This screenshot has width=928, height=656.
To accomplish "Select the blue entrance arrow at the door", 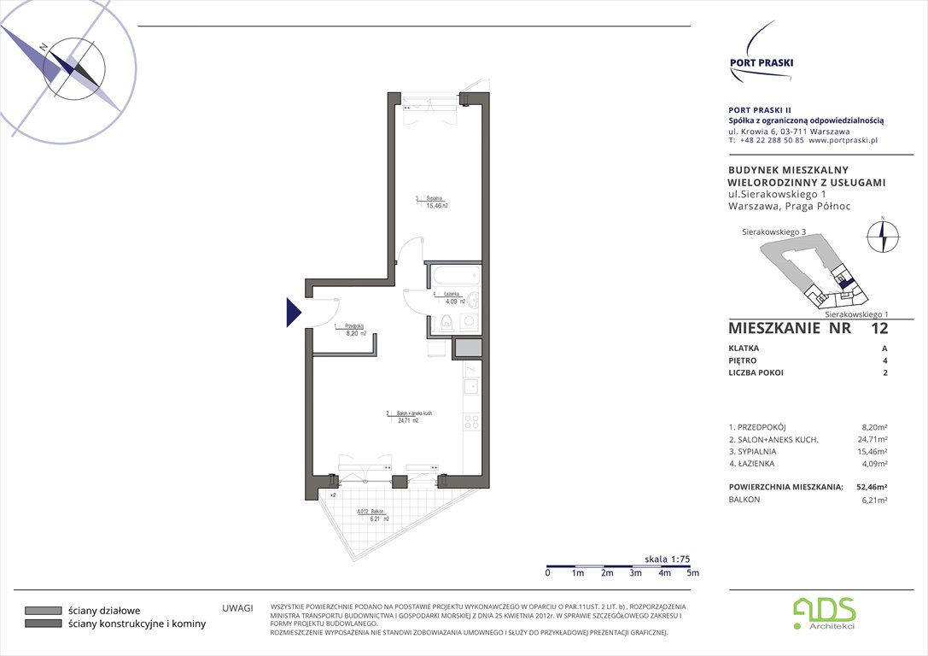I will pos(293,313).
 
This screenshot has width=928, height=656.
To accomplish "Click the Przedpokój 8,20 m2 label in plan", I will pos(353,330).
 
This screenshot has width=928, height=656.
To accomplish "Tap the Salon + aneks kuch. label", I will pos(409,417).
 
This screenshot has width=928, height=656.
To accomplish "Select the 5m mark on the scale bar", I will pos(692,573).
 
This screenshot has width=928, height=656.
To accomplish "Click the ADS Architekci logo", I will pos(823,612).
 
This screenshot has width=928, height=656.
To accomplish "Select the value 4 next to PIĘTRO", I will pos(884,360).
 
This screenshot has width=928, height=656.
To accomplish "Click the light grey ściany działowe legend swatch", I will pos(42,611).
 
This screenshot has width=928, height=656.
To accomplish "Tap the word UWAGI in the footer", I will pos(238,608).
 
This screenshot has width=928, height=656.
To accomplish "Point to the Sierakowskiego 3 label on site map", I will pos(773,231).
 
